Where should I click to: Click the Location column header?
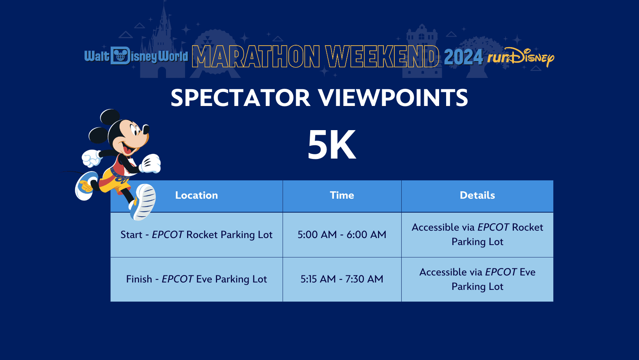[196, 196]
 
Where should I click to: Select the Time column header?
[342, 196]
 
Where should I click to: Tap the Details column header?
[477, 196]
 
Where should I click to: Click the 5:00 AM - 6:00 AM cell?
[342, 235]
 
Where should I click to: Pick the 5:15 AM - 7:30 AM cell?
[342, 279]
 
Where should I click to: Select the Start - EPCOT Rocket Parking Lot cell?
[196, 235]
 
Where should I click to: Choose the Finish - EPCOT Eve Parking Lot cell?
[196, 279]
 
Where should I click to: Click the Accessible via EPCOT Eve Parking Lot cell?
[477, 279]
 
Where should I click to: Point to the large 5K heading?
[332, 145]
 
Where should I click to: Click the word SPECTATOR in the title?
[240, 97]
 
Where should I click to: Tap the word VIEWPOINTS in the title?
[393, 97]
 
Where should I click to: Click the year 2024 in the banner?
[463, 57]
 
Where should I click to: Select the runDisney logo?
[521, 57]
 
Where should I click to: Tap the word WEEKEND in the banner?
[382, 56]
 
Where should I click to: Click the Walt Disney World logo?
[136, 56]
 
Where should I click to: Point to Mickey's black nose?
[146, 129]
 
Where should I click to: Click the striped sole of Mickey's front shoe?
[145, 202]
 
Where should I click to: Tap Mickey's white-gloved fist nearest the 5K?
[151, 164]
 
